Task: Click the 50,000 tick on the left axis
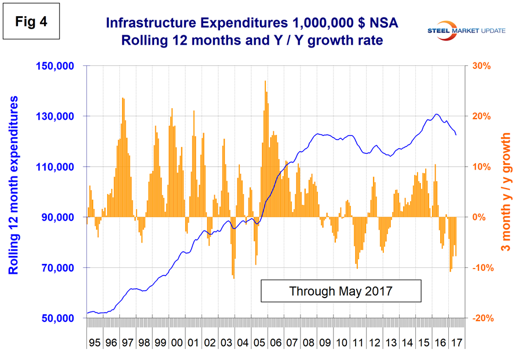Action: [x=59, y=318]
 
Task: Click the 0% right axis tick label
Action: [x=479, y=218]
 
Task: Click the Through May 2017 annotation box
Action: [x=341, y=291]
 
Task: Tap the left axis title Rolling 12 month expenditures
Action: [x=14, y=185]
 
